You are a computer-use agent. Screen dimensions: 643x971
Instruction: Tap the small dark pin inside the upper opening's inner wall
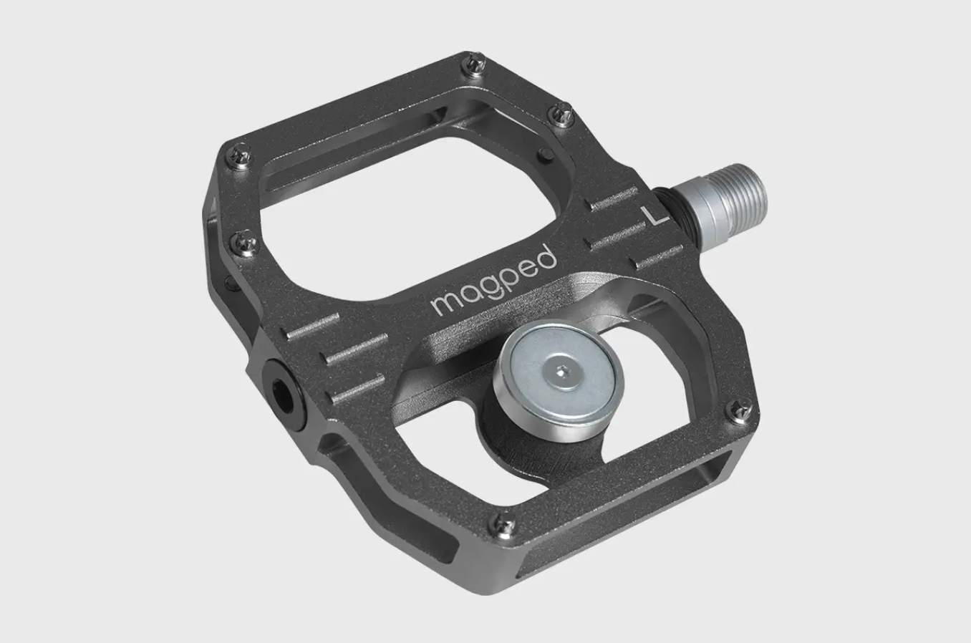[x=546, y=153]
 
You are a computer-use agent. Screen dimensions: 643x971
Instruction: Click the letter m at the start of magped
[x=445, y=303]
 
